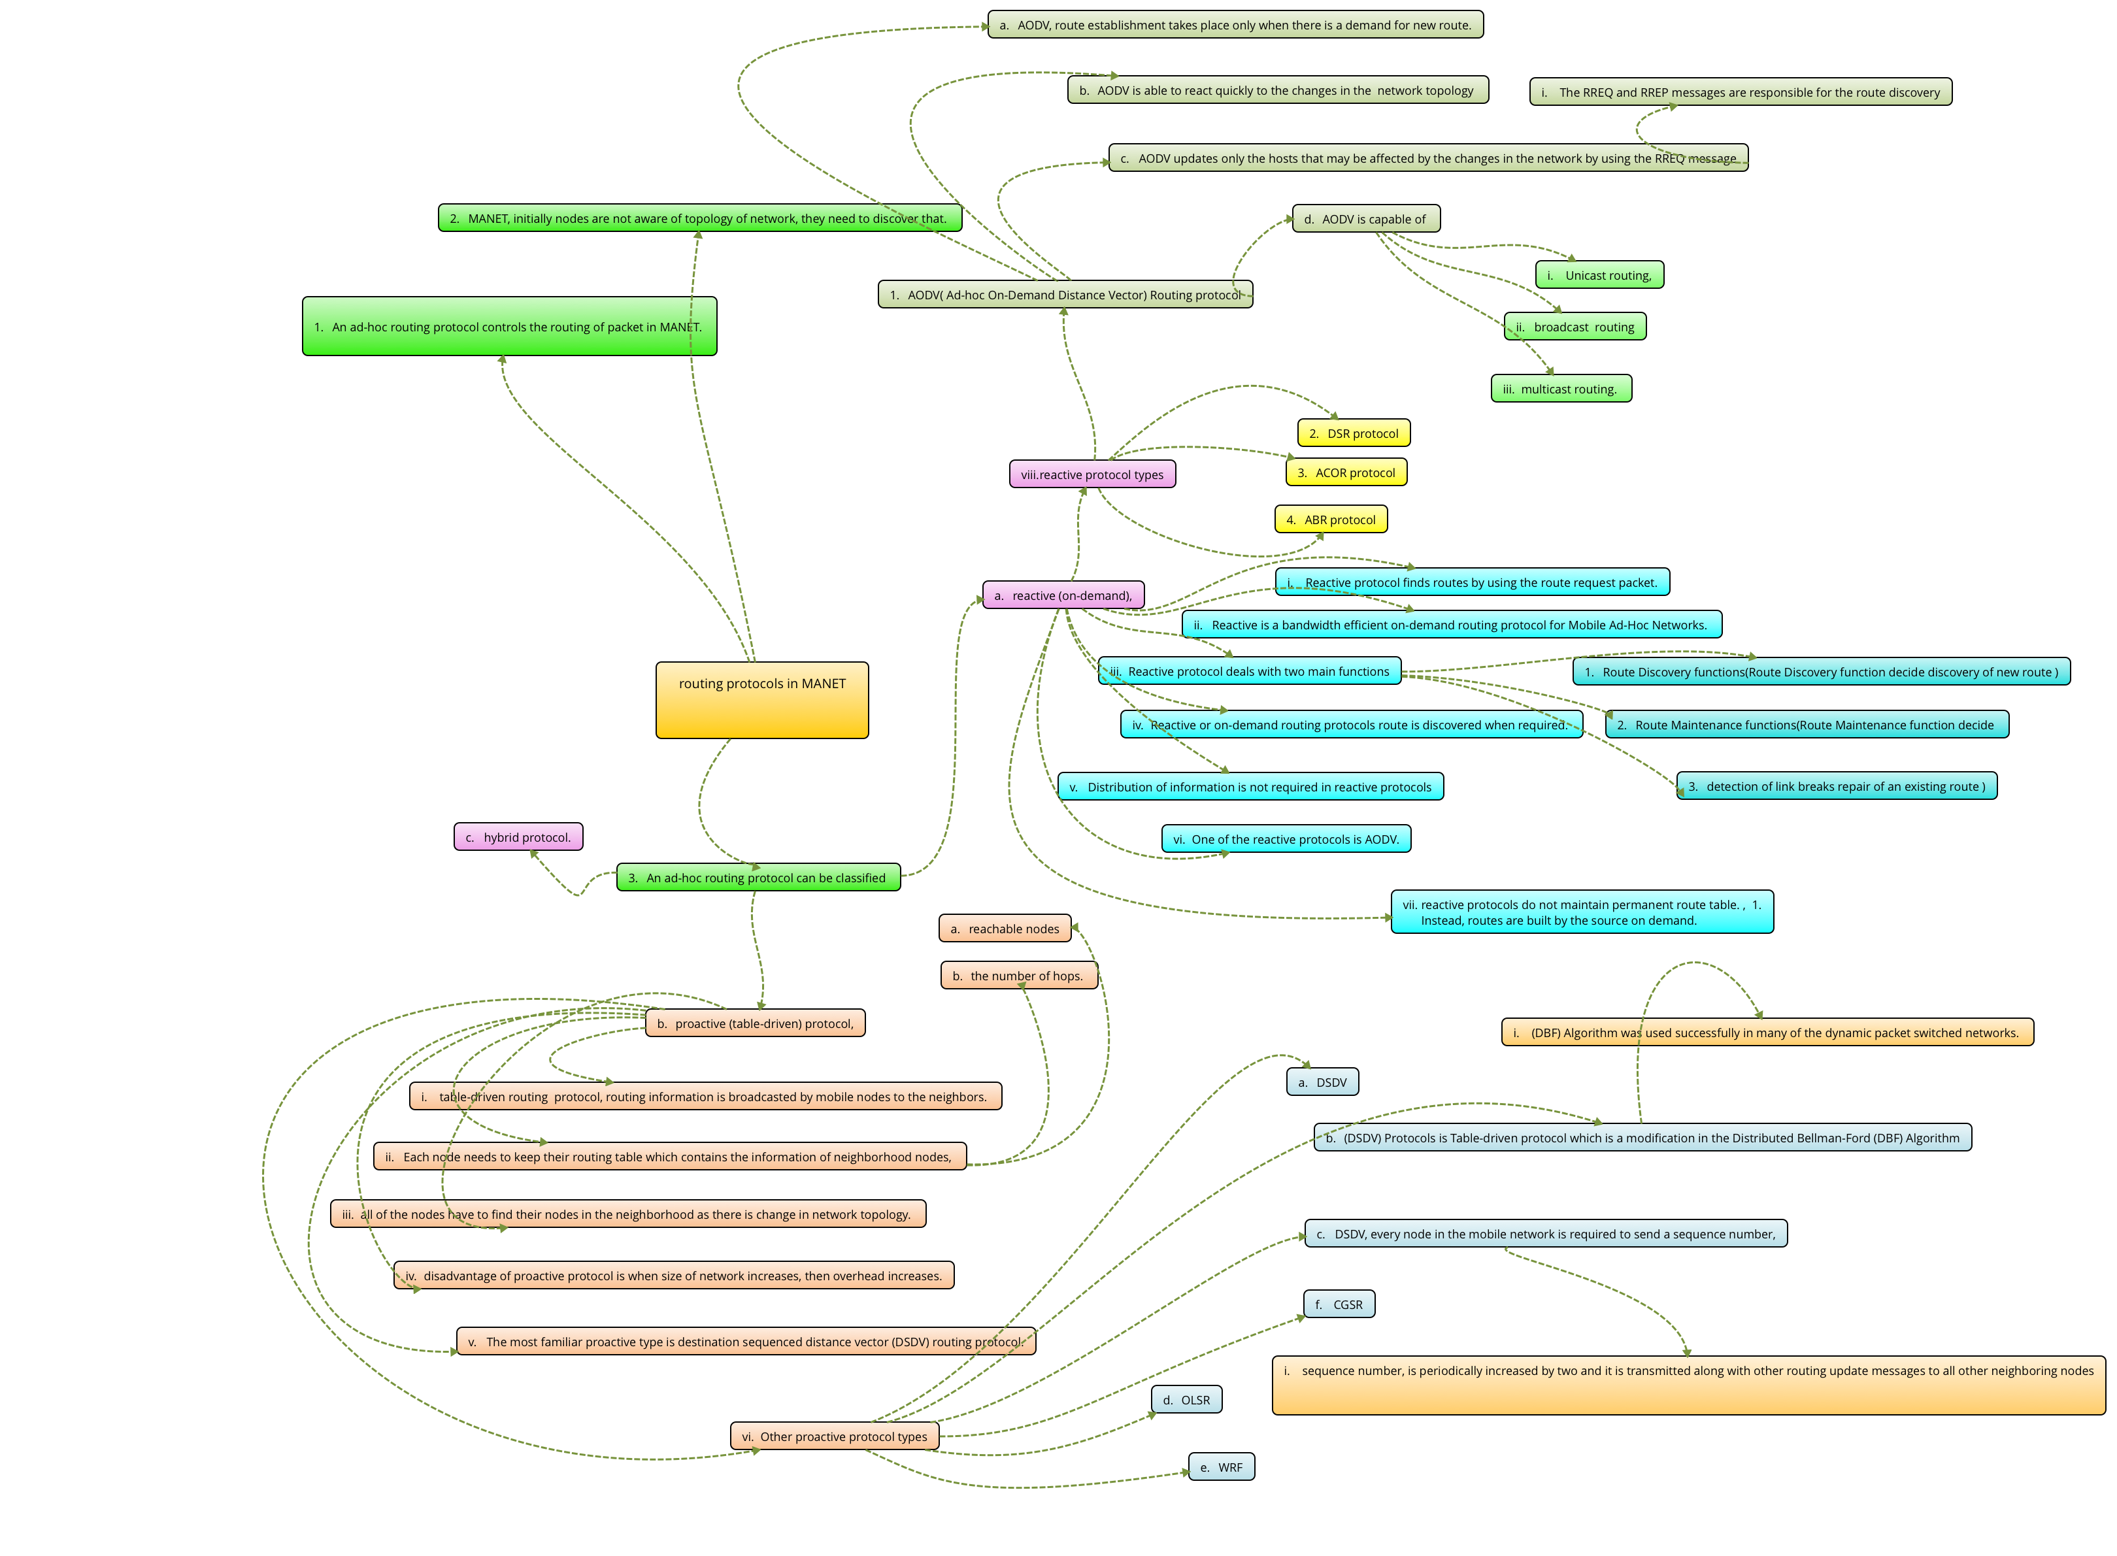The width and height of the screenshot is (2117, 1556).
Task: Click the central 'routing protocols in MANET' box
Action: click(761, 700)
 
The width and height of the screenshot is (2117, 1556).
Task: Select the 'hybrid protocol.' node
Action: click(518, 836)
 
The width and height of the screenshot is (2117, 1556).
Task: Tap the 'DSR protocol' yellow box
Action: click(1353, 433)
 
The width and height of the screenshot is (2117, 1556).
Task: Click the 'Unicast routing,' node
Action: click(1599, 275)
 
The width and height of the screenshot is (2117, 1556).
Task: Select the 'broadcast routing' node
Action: click(1575, 327)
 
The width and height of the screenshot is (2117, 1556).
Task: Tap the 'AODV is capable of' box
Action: click(1365, 218)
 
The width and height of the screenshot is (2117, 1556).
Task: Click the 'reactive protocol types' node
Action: click(1092, 474)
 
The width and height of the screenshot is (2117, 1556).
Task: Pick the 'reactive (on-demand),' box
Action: click(1063, 595)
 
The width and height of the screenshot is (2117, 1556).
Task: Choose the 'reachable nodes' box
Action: click(1005, 928)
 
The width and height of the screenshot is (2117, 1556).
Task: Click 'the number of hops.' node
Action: click(1018, 975)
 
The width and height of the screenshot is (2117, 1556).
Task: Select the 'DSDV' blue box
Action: click(1322, 1082)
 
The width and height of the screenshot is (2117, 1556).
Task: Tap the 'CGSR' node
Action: click(1339, 1304)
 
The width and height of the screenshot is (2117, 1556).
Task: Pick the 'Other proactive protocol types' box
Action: click(834, 1436)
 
